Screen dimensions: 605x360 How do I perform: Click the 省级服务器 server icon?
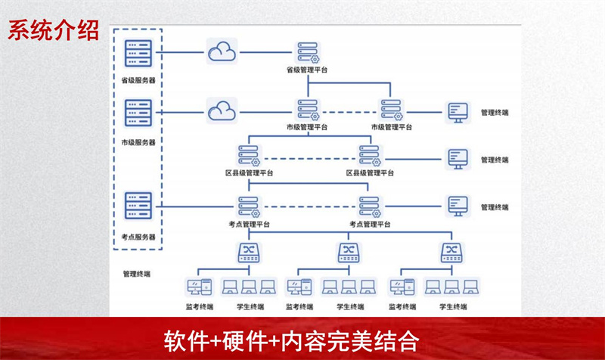coord(138,53)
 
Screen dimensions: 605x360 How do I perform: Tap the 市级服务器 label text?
coord(138,142)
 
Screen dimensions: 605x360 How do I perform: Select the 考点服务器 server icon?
coord(138,206)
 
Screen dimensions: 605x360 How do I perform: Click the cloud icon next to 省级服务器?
coord(222,51)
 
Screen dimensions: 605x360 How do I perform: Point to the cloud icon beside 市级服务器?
coord(222,111)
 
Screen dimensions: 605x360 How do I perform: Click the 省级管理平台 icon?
coord(308,52)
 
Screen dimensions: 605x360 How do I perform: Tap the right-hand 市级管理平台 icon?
coord(391,110)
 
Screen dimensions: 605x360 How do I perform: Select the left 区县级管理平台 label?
coord(250,173)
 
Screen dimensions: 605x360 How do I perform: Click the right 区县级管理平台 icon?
coord(370,156)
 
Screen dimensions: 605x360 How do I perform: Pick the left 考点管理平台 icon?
coord(249,207)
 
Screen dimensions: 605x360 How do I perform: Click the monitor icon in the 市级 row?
coord(458,112)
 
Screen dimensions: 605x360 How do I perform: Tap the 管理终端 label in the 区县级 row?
coord(495,160)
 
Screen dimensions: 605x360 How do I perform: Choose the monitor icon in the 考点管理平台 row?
coord(458,206)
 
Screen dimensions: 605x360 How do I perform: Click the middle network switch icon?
coord(349,253)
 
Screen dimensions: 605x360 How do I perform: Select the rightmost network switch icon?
coord(451,253)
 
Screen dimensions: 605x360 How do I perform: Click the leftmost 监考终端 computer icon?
coord(200,287)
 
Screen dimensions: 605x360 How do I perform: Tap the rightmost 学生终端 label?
coord(453,307)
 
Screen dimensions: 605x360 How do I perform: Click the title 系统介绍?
coord(54,30)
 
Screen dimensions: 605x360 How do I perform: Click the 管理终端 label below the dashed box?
coord(137,274)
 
